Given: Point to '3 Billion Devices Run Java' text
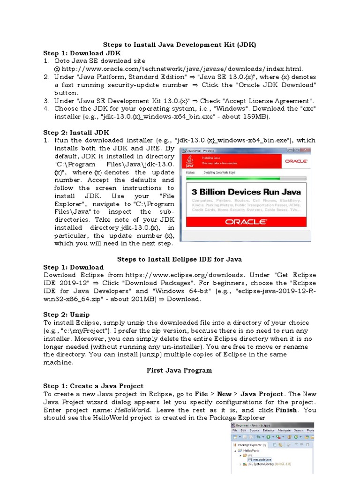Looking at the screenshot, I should coord(246,192).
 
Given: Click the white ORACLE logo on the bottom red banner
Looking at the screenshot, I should coord(246,222).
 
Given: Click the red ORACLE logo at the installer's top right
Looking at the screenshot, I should coord(295,161).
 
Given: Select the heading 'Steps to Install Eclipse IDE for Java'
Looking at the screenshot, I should coord(179,259).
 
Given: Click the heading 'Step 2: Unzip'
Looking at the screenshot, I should coord(67,315).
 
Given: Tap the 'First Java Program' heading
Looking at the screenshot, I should coord(180,370).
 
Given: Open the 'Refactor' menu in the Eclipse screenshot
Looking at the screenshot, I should coord(269,430).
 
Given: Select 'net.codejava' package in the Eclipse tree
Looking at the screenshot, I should coord(260,459).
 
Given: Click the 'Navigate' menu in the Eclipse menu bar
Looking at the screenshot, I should coord(284,430).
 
